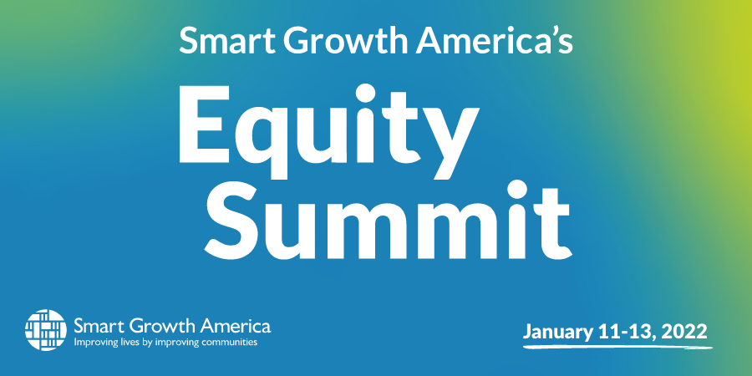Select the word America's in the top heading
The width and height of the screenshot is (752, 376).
pos(494,40)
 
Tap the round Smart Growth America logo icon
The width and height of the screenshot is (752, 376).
pos(46,329)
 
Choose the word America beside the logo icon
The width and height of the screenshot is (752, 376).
pos(236,327)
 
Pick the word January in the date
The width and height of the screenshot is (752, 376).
pos(556,332)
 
